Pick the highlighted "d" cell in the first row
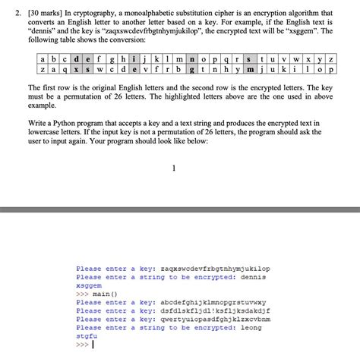pos(77,58)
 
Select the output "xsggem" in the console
pos(89,285)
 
